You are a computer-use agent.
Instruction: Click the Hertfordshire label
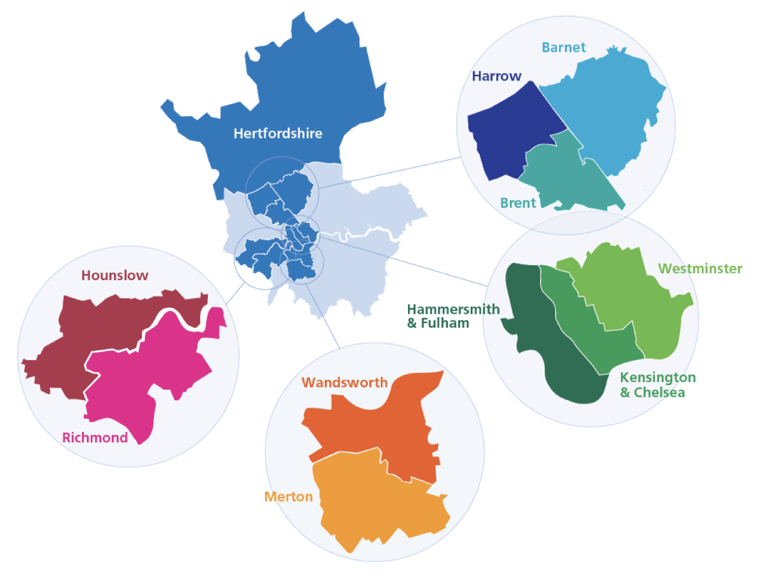click(278, 133)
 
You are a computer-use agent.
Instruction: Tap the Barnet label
click(563, 47)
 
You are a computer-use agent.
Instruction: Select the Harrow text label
click(497, 76)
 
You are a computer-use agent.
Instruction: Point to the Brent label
click(518, 203)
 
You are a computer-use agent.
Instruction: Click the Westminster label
click(700, 269)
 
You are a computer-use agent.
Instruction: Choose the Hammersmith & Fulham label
click(453, 316)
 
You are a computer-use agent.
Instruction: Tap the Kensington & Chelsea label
click(658, 385)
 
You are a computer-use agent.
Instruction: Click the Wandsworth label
click(344, 383)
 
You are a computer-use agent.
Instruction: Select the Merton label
click(288, 497)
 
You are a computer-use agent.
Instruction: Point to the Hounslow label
click(115, 276)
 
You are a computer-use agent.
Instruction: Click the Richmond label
click(95, 438)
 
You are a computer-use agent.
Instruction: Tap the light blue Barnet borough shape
click(608, 110)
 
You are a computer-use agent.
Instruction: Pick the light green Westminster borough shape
click(637, 301)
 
